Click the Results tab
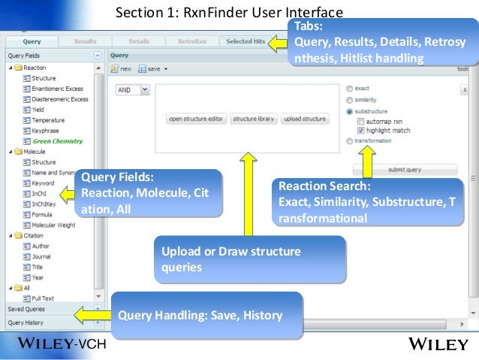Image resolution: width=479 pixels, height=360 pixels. click(x=85, y=41)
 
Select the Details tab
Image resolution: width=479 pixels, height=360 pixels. click(x=139, y=41)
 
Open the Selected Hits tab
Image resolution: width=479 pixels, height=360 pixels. click(x=245, y=41)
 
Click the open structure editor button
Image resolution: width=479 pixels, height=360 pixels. click(x=196, y=119)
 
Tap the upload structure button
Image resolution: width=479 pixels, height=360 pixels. click(x=305, y=119)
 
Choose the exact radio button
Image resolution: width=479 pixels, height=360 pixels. click(x=350, y=89)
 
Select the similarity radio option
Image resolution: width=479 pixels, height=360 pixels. click(x=350, y=99)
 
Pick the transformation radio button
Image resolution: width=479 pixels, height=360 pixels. click(x=350, y=141)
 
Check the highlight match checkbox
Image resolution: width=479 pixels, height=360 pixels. click(x=361, y=130)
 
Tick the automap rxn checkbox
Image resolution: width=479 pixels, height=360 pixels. click(x=361, y=120)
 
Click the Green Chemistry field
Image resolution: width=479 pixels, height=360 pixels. click(x=57, y=141)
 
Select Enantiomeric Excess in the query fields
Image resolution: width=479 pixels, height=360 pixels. click(x=59, y=89)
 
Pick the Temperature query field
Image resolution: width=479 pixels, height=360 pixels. click(x=48, y=120)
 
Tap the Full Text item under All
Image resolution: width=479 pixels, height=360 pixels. click(x=43, y=298)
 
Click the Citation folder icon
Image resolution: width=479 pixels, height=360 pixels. click(x=18, y=235)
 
